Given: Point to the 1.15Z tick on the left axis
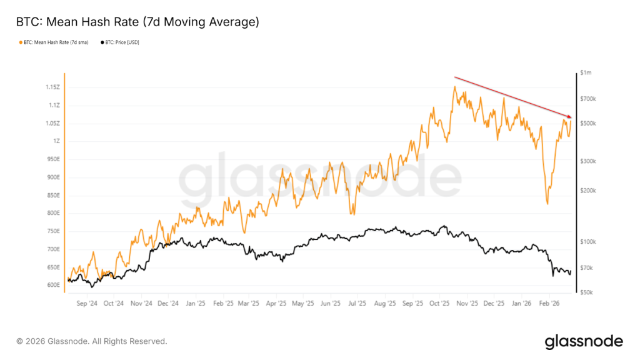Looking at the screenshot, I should point(52,87).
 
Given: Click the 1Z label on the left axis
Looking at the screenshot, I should point(57,141).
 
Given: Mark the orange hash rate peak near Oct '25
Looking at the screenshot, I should point(455,87).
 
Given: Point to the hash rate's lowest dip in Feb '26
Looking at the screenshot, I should point(547,204).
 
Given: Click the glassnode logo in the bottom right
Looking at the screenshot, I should point(584,341).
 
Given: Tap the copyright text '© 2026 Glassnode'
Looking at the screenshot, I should point(91,341).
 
